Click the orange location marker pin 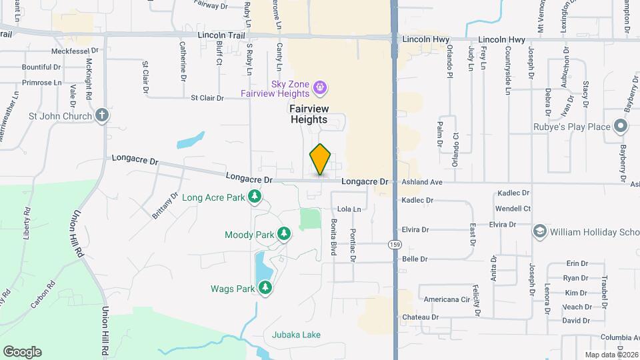click(321, 159)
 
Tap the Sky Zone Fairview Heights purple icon click(320, 87)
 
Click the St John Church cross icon click(101, 115)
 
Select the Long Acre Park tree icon click(254, 197)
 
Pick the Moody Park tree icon click(285, 234)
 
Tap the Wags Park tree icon click(266, 288)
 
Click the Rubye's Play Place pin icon click(621, 126)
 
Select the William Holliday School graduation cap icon click(539, 231)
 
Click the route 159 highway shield click(395, 245)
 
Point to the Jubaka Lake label click(296, 334)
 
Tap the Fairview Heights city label click(308, 113)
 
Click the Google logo click(23, 351)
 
